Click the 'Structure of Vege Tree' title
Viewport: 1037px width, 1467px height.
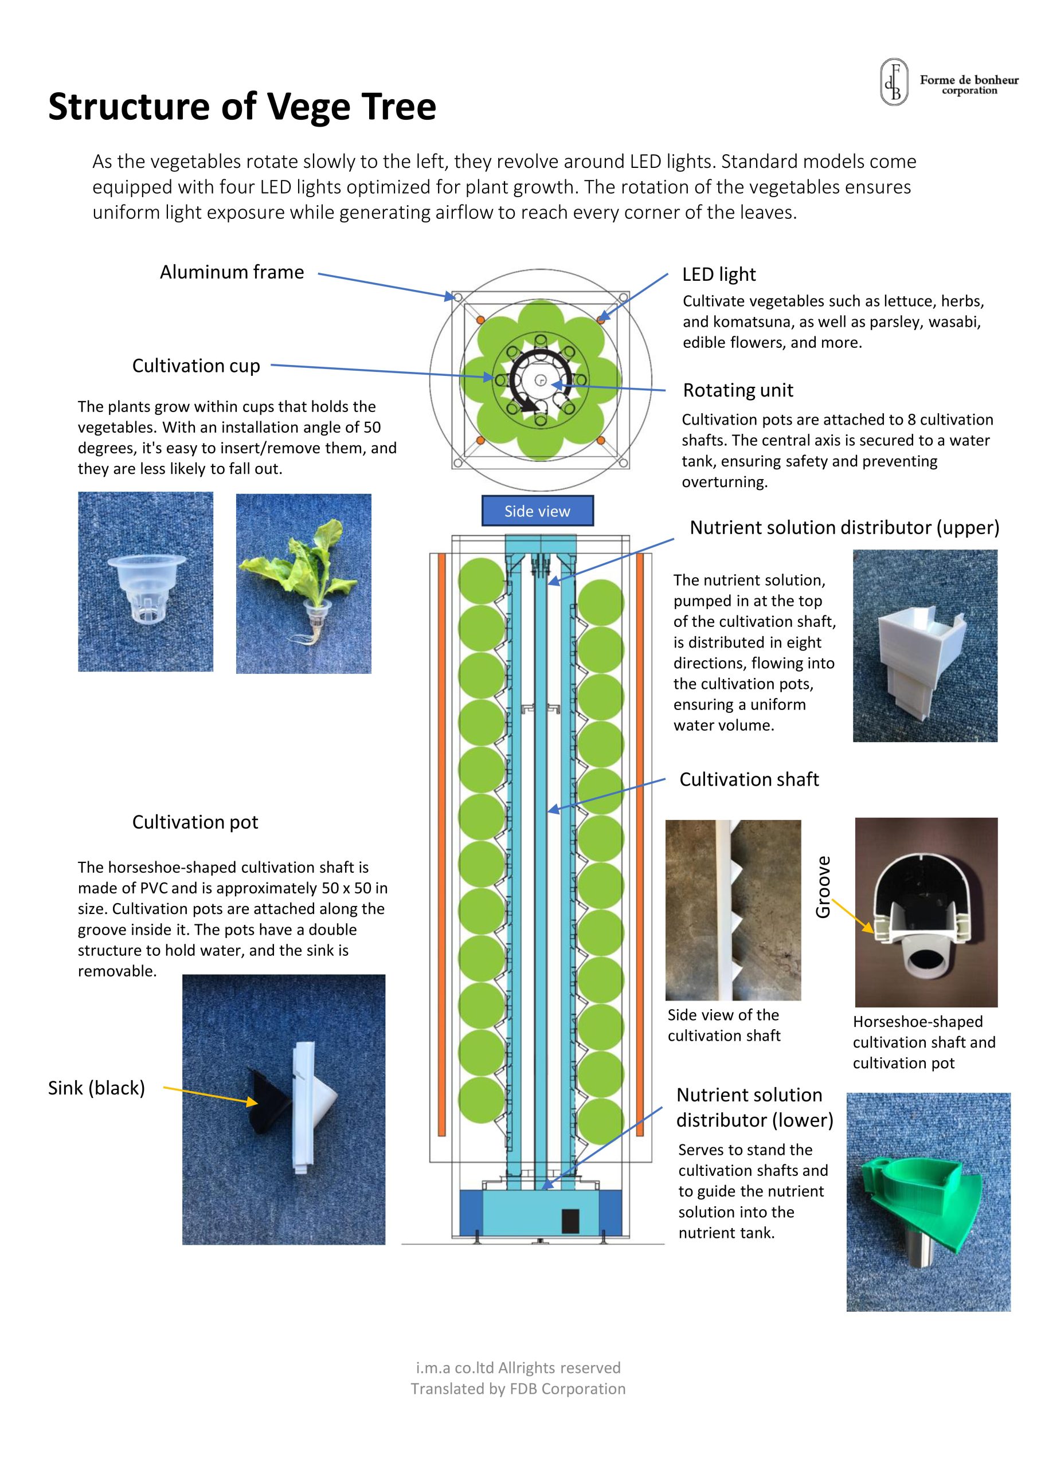(x=242, y=106)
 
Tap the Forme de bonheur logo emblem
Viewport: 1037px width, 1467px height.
(x=894, y=82)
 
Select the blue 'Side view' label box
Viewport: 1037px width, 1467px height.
(x=537, y=511)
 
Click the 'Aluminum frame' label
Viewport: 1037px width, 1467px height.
(x=232, y=272)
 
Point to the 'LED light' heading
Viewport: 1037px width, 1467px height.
(x=719, y=274)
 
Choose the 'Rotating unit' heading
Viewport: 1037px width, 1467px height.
(x=738, y=390)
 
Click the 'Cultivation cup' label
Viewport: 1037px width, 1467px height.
(x=195, y=366)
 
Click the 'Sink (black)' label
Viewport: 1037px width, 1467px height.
(x=96, y=1088)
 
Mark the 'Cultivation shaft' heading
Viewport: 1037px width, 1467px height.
(x=749, y=779)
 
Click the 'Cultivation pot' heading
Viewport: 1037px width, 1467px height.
(x=195, y=822)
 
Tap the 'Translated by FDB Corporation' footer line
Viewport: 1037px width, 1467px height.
(x=518, y=1388)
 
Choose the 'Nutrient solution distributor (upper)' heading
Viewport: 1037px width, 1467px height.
(x=844, y=528)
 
